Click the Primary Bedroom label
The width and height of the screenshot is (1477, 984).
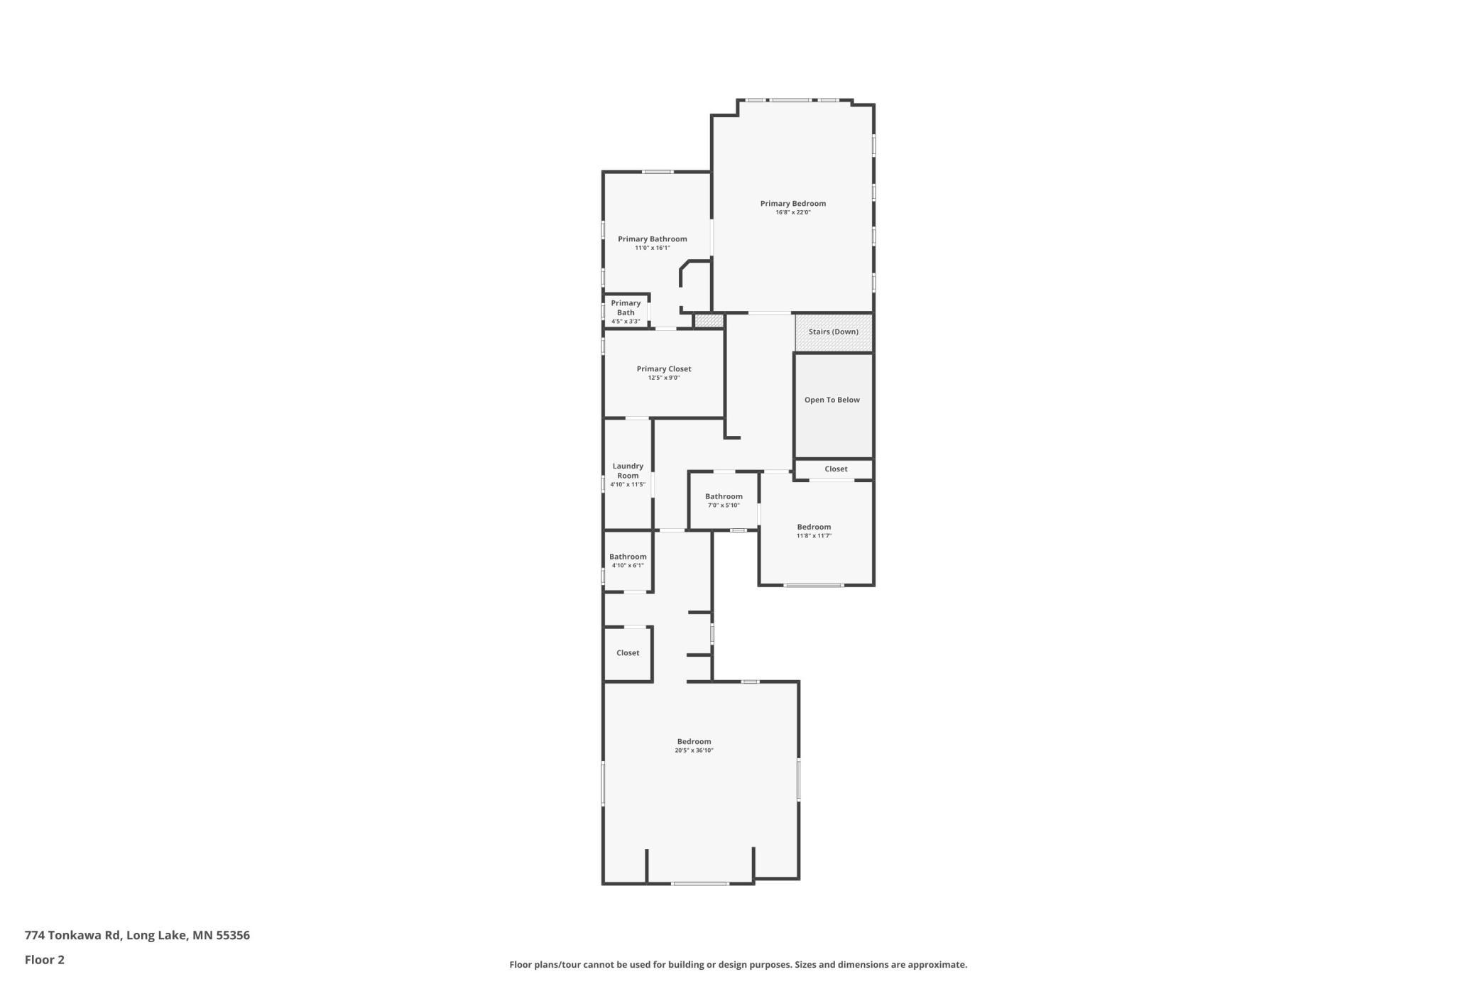792,204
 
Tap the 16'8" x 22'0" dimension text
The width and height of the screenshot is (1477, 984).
792,212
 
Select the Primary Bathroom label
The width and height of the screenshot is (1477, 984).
652,239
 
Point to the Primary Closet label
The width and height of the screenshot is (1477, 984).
663,369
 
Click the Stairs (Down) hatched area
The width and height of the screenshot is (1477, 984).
834,332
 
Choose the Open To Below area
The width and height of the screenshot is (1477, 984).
833,405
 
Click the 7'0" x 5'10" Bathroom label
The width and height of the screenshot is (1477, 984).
724,497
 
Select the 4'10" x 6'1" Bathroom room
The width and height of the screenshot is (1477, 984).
628,561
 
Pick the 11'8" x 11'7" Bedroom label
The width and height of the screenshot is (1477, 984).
814,527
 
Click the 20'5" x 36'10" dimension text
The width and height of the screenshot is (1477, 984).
694,750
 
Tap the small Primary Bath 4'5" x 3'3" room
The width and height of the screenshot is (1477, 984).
626,312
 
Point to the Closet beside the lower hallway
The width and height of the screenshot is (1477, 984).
628,654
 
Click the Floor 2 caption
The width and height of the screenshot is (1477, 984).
44,960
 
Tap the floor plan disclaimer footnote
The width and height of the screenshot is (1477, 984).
738,965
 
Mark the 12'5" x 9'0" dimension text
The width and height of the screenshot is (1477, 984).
663,378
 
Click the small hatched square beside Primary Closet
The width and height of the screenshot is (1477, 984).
709,321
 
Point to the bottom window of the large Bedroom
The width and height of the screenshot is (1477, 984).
699,883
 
